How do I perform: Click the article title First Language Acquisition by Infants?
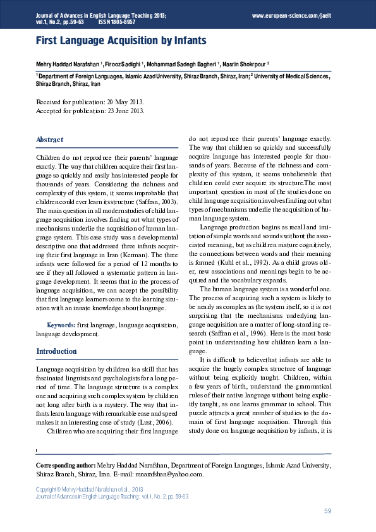pos(121,41)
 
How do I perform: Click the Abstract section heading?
pos(49,139)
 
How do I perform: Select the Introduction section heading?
pos(56,351)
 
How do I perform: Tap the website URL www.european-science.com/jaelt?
pos(291,14)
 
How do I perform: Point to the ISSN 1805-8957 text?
pos(118,21)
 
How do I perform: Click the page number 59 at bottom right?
pos(327,511)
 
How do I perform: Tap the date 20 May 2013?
pos(123,102)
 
